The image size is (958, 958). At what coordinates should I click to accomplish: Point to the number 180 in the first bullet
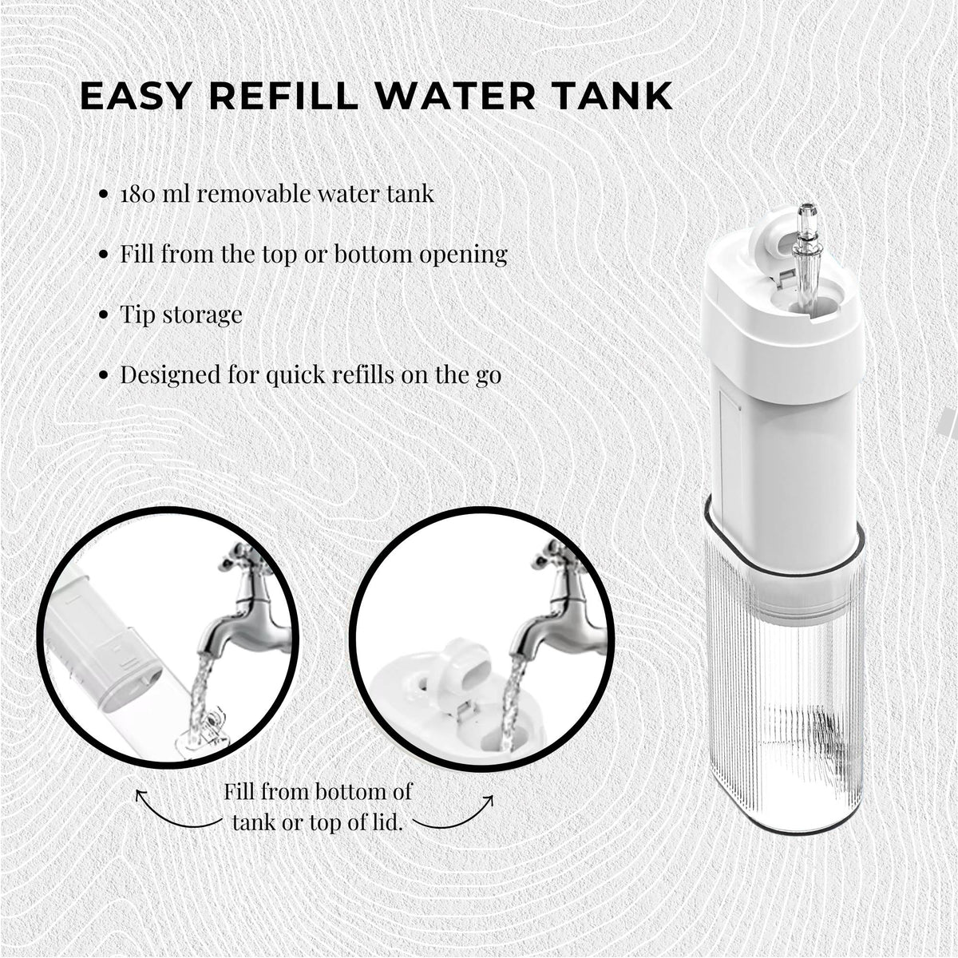point(137,194)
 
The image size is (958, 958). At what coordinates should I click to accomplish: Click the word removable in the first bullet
point(247,194)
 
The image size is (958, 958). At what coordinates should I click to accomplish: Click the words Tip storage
point(181,315)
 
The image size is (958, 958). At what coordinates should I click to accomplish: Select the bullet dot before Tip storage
point(103,315)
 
